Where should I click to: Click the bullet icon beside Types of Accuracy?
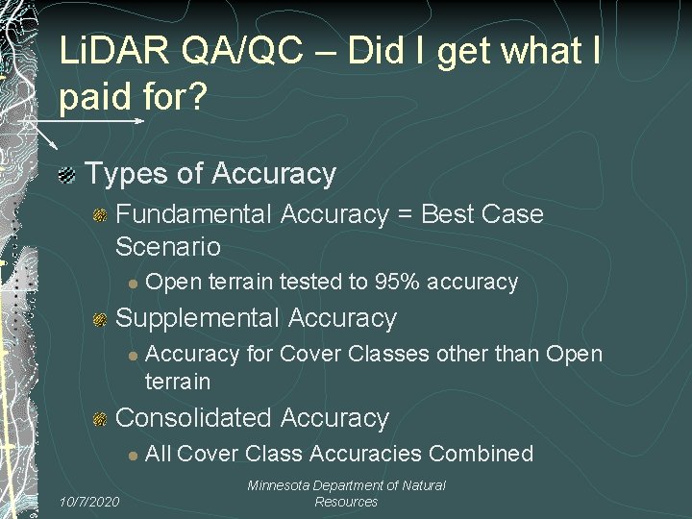pos(67,175)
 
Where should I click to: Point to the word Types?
pos(123,175)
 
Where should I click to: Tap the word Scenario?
pos(167,247)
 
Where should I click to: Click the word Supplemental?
pos(197,318)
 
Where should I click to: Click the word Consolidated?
pos(197,418)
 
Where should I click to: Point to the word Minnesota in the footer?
pos(281,486)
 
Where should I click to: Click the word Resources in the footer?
pos(346,502)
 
